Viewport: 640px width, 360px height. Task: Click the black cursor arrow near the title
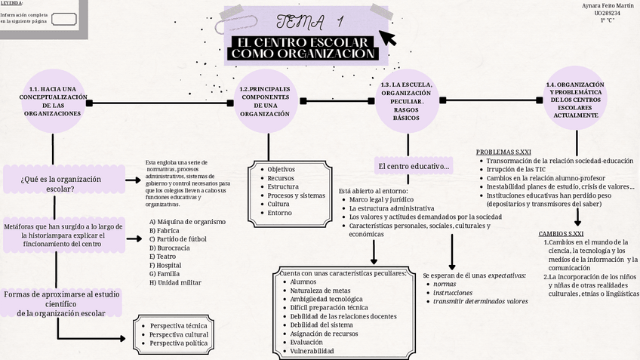[x=386, y=37]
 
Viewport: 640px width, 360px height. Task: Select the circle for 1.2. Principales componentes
[x=264, y=102]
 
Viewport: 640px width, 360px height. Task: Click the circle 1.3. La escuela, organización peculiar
[x=407, y=101]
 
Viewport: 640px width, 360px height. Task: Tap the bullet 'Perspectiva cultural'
[x=179, y=334]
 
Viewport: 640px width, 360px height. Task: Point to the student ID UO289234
[x=607, y=13]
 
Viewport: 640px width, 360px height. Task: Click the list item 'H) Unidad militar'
[x=175, y=282]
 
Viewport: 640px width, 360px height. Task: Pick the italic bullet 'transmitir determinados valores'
[x=480, y=301]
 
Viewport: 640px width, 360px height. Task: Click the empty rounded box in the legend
[x=63, y=19]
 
